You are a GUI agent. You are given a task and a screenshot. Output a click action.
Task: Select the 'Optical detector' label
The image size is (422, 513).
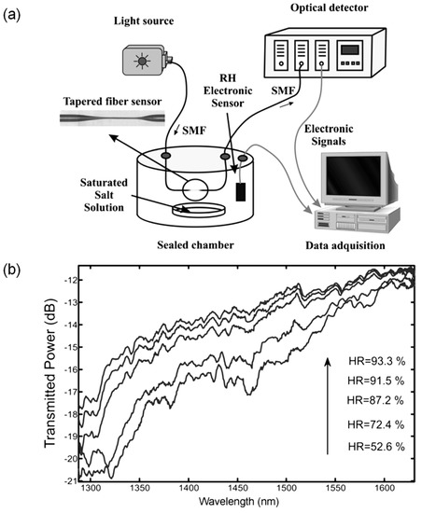point(320,8)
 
